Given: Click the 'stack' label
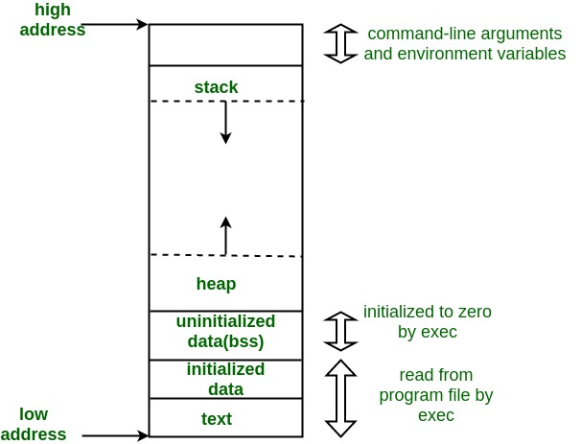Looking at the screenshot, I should pyautogui.click(x=216, y=87).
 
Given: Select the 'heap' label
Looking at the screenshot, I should pyautogui.click(x=216, y=284).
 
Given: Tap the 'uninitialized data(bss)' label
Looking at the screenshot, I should pyautogui.click(x=225, y=331).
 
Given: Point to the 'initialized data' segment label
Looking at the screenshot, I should pyautogui.click(x=225, y=379).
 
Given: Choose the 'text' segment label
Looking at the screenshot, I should pyautogui.click(x=216, y=419).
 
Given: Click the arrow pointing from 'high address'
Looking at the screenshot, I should pyautogui.click(x=115, y=23).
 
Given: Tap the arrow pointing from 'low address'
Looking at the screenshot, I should pyautogui.click(x=115, y=435).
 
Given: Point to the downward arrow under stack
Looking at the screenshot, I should pyautogui.click(x=225, y=122).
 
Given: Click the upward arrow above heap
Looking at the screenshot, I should pyautogui.click(x=225, y=236).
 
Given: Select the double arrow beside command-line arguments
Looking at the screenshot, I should pyautogui.click(x=340, y=43).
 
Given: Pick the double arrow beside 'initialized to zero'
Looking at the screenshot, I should pyautogui.click(x=340, y=331).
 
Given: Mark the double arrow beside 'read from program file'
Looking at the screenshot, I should pyautogui.click(x=340, y=397).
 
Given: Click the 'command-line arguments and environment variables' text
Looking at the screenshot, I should pyautogui.click(x=464, y=44).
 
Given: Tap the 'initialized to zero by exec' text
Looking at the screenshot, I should pyautogui.click(x=427, y=322).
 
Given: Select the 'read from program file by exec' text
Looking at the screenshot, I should pyautogui.click(x=435, y=394).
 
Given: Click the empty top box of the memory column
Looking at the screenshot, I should pyautogui.click(x=225, y=44).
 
